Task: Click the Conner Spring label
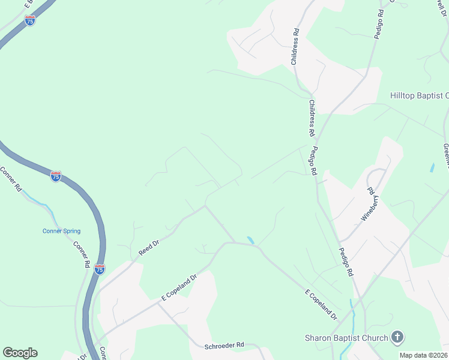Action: pyautogui.click(x=61, y=231)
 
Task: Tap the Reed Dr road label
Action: pyautogui.click(x=148, y=248)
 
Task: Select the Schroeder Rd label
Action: pyautogui.click(x=224, y=345)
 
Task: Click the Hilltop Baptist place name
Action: pyautogui.click(x=419, y=95)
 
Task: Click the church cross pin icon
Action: pyautogui.click(x=397, y=337)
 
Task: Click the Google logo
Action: pyautogui.click(x=20, y=353)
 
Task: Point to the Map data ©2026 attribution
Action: pyautogui.click(x=423, y=355)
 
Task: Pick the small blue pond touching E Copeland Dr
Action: pyautogui.click(x=250, y=240)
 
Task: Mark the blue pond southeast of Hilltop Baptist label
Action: pyautogui.click(x=432, y=168)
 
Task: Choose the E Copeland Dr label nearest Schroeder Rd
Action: pyautogui.click(x=179, y=288)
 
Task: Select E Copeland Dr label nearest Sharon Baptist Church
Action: pyautogui.click(x=321, y=304)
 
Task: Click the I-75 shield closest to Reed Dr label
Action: pyautogui.click(x=100, y=270)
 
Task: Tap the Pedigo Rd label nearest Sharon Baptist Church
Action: pyautogui.click(x=346, y=262)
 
